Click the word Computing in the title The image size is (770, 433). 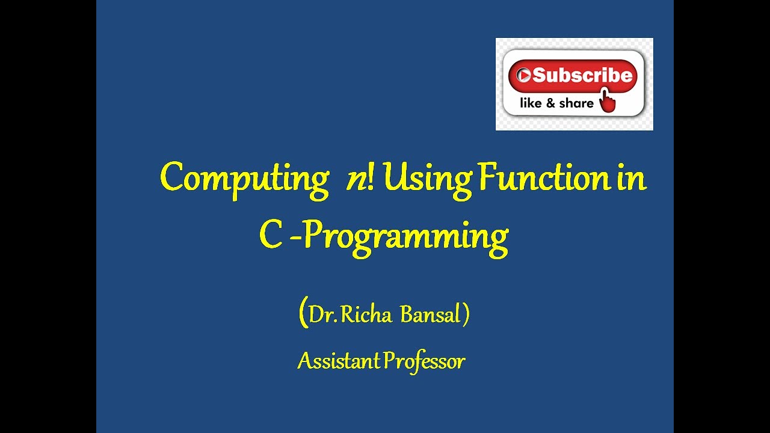(244, 179)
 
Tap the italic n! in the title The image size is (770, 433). (360, 179)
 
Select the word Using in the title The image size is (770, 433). (427, 179)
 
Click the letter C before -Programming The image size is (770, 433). (271, 235)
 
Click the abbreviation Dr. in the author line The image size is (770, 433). (323, 315)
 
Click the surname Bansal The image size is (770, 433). (430, 315)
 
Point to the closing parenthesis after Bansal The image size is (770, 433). (466, 315)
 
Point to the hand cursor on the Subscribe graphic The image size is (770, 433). (608, 100)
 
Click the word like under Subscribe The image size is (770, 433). (531, 103)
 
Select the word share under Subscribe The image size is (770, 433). (576, 103)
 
